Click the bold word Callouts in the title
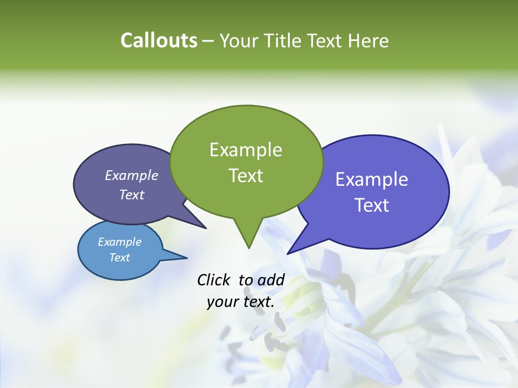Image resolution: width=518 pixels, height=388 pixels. pyautogui.click(x=159, y=40)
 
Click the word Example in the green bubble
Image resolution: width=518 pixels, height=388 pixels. pyautogui.click(x=246, y=150)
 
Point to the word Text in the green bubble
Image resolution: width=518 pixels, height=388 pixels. pyautogui.click(x=246, y=176)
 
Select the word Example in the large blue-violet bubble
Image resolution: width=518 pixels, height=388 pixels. pyautogui.click(x=371, y=179)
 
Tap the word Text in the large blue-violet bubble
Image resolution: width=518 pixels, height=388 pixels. pyautogui.click(x=371, y=205)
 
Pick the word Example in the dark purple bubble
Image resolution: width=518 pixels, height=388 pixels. pyautogui.click(x=131, y=176)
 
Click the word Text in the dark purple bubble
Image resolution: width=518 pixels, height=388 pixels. pyautogui.click(x=131, y=195)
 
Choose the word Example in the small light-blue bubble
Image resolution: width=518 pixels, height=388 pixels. pyautogui.click(x=119, y=242)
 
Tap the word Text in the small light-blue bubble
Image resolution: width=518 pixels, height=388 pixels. pyautogui.click(x=119, y=258)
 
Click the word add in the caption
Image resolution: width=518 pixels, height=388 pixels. pyautogui.click(x=271, y=280)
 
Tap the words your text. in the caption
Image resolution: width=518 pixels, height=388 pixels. pyautogui.click(x=241, y=302)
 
